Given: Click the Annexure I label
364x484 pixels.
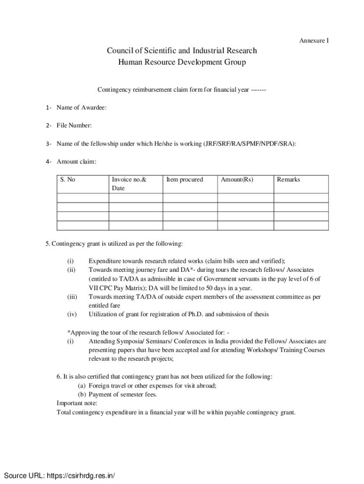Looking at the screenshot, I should (313, 41).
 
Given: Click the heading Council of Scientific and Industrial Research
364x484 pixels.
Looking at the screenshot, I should (182, 51).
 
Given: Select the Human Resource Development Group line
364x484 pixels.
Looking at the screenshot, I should (182, 62).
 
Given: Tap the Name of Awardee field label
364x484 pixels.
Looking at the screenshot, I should (81, 108).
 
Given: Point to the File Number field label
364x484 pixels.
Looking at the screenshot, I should (74, 126).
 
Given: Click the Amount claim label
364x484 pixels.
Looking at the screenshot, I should (76, 162).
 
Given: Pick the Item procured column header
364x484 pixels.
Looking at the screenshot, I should (184, 180).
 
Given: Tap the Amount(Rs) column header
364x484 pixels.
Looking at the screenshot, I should (237, 180).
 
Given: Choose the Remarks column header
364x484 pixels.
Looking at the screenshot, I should (288, 180).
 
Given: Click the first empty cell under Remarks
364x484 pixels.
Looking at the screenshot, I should (301, 198).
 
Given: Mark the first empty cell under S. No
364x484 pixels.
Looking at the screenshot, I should (83, 198).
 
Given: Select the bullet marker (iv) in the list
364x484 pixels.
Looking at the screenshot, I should (71, 314).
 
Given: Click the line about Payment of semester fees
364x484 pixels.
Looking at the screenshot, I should (117, 394).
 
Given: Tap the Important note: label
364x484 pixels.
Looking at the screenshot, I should (77, 403).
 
